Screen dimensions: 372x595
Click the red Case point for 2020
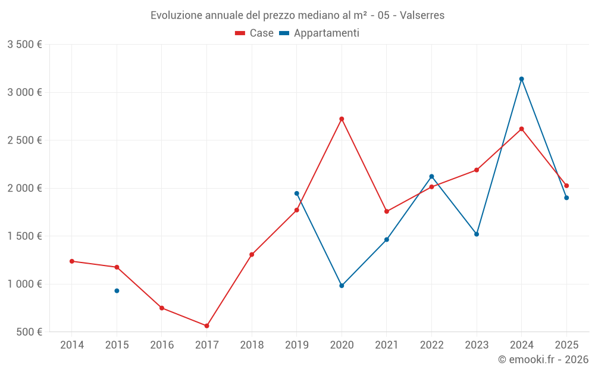(x=342, y=119)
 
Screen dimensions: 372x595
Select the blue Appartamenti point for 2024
(x=522, y=79)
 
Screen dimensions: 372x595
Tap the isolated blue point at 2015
(x=117, y=290)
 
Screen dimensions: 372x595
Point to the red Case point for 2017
(x=206, y=326)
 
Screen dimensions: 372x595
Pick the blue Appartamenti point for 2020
(x=342, y=286)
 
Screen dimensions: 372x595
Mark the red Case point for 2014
(x=72, y=261)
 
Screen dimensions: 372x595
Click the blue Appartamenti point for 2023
(x=477, y=234)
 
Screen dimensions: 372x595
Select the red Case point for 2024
(x=522, y=129)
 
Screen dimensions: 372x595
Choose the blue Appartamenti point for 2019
(x=296, y=193)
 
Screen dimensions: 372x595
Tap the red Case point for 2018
(x=252, y=255)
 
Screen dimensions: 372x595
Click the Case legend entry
(x=255, y=33)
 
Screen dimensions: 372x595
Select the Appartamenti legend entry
(x=320, y=33)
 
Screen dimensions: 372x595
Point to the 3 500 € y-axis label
(x=24, y=45)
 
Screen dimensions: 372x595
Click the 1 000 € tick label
(x=24, y=284)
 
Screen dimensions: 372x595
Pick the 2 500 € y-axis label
(x=24, y=140)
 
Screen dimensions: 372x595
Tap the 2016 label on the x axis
(x=162, y=345)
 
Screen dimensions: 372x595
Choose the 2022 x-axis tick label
(x=431, y=345)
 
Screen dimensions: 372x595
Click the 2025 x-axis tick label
(x=566, y=345)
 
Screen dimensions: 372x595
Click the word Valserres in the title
(x=422, y=15)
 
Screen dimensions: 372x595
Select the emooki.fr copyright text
(x=543, y=360)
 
